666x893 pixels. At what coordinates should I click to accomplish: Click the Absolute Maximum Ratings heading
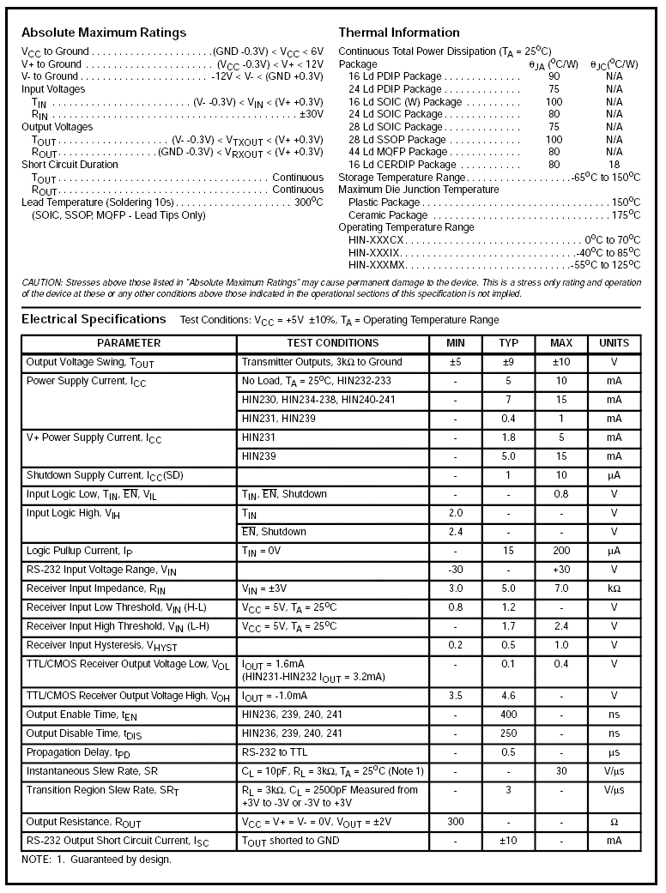click(104, 33)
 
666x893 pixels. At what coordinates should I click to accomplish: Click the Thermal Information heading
click(399, 33)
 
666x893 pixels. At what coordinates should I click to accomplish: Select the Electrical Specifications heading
click(94, 319)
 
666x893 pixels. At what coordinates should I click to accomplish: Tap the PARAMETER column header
click(129, 343)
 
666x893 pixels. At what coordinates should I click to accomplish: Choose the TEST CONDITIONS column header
click(333, 343)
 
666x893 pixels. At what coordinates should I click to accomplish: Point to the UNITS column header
click(614, 343)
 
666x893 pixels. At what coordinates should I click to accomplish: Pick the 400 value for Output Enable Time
click(508, 715)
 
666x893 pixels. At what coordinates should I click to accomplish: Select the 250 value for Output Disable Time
click(508, 733)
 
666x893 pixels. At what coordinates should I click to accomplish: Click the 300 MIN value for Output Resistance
click(456, 822)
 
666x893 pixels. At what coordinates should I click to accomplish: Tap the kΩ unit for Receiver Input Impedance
click(614, 588)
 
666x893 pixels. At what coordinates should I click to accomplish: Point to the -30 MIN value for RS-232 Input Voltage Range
click(456, 570)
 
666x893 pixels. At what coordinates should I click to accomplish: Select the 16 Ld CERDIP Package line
click(403, 164)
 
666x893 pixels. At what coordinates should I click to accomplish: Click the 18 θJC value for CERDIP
click(614, 164)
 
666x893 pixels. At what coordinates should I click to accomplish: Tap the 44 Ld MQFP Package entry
click(398, 152)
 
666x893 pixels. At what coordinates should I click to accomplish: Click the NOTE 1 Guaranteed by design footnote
click(96, 859)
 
